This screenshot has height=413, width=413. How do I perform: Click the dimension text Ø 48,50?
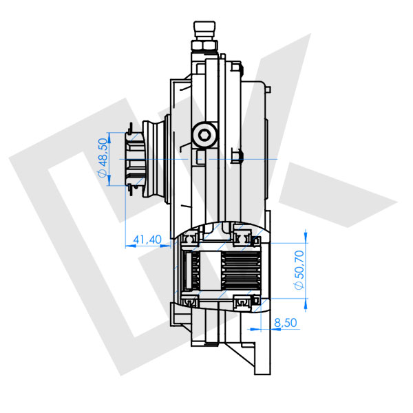(103, 159)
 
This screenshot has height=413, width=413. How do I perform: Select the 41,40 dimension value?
(146, 239)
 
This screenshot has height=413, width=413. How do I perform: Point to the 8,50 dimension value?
(284, 321)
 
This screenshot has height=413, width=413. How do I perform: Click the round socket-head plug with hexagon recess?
(204, 134)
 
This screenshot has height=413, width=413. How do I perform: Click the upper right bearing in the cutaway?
(243, 238)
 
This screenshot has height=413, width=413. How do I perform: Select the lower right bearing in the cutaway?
(243, 302)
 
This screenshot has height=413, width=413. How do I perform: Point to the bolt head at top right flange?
(240, 67)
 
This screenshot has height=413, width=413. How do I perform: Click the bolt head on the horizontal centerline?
(238, 158)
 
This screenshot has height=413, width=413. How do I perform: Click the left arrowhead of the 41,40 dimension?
(128, 246)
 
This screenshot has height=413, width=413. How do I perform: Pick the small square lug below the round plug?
(200, 158)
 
